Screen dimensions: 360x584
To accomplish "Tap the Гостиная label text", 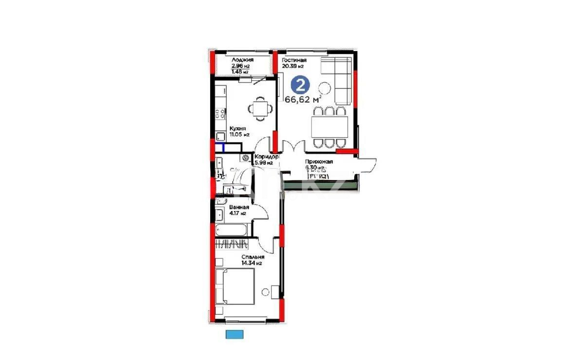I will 294,60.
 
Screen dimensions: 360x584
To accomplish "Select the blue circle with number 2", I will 300,86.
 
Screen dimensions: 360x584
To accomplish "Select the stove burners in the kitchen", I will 220,114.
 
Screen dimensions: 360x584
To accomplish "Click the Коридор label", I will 267,157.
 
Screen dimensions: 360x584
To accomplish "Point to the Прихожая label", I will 319,162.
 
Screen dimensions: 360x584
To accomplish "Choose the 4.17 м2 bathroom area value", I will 237,213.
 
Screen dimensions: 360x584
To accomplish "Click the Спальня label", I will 253,257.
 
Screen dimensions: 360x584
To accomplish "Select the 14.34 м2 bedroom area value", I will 252,263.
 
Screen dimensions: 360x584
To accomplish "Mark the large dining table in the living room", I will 329,127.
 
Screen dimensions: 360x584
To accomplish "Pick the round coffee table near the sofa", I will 325,88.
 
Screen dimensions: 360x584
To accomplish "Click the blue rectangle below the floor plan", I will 234,334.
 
